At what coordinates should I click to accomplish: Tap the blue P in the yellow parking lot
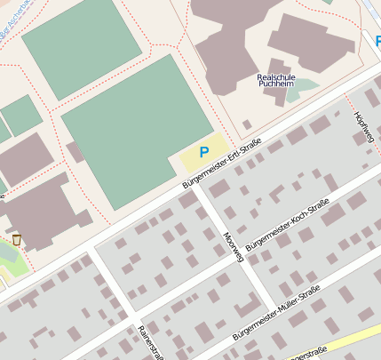click(204, 152)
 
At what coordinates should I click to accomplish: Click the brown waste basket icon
click(16, 238)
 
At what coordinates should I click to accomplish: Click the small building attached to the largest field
click(75, 152)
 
